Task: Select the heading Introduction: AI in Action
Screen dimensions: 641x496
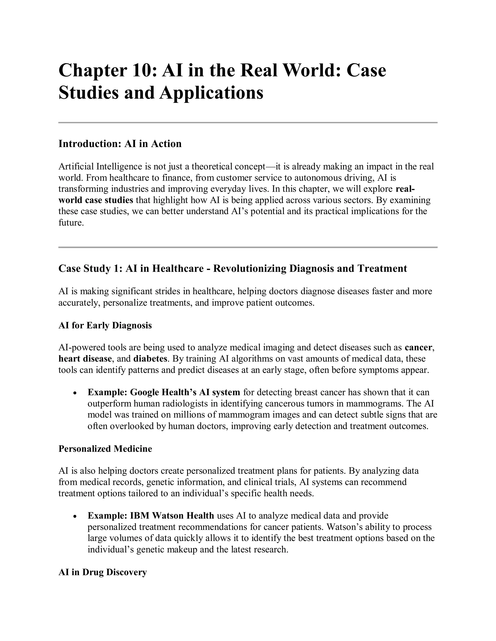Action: coord(120,144)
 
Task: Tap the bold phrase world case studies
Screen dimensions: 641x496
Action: coord(96,200)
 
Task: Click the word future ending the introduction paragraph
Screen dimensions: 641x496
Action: coord(70,223)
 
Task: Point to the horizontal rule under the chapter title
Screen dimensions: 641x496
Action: coord(248,122)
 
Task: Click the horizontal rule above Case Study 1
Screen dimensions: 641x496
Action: coord(248,247)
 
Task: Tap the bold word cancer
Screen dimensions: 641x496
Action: coord(418,348)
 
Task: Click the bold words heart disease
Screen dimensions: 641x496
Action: coord(85,359)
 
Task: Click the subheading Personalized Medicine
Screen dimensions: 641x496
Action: coord(105,448)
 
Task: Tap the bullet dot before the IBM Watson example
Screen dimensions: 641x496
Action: coord(75,516)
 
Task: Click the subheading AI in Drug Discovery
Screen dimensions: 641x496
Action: coord(102,572)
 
